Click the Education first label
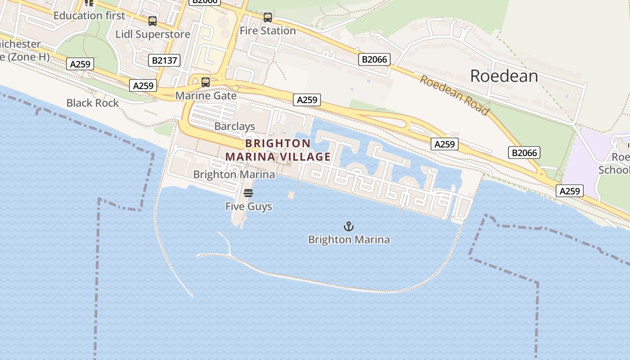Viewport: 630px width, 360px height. tap(89, 16)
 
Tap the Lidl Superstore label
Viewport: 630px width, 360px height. tap(153, 34)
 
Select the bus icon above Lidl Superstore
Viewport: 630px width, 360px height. tap(153, 21)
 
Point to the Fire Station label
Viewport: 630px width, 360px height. tap(268, 31)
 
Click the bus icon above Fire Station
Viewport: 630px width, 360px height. tap(268, 18)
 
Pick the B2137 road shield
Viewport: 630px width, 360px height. tap(164, 60)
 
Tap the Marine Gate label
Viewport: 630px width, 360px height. tap(206, 96)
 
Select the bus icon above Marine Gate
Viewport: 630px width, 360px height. tap(206, 82)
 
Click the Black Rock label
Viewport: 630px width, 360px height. tap(93, 103)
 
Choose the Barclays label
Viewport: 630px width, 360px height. tap(234, 126)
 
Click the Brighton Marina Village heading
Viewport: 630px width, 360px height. tap(278, 150)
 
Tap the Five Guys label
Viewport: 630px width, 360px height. tap(248, 207)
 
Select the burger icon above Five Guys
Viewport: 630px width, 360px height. tap(248, 193)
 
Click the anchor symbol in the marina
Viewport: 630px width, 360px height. tap(349, 226)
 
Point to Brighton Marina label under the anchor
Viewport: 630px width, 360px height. tap(349, 239)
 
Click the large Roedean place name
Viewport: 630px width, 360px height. tap(504, 76)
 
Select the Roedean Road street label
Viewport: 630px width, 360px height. tap(454, 95)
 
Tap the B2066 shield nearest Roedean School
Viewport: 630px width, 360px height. tap(525, 153)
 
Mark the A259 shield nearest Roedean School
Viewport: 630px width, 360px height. tap(569, 191)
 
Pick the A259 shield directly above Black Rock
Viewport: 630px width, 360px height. tap(81, 64)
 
